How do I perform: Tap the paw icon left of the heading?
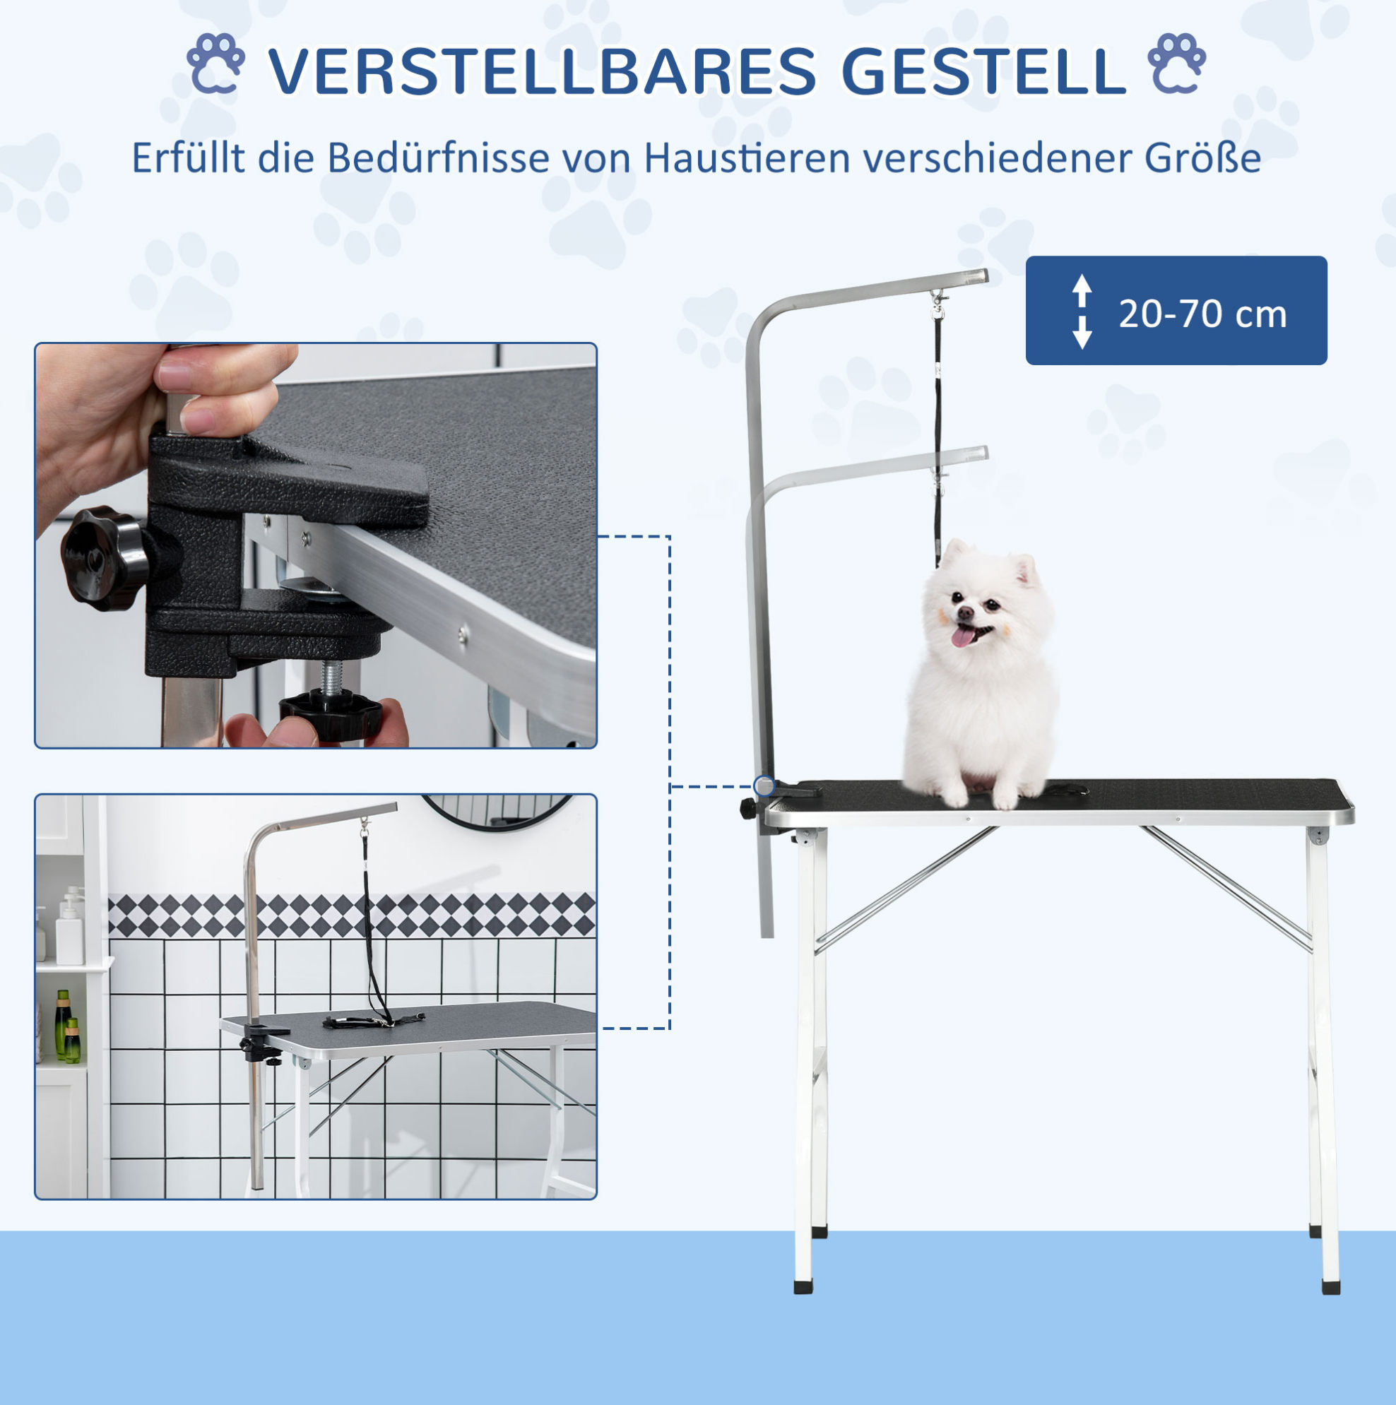point(215,64)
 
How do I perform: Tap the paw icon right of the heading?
point(1176,64)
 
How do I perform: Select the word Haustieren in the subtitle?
point(748,158)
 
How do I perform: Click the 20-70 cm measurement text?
point(1202,314)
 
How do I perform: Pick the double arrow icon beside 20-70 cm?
point(1082,312)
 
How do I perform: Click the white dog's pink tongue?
point(963,638)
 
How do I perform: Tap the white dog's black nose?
point(964,614)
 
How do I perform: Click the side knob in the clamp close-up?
point(104,558)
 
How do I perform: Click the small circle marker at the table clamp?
point(764,786)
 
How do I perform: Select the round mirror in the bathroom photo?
point(496,811)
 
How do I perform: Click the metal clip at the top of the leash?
point(938,304)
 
